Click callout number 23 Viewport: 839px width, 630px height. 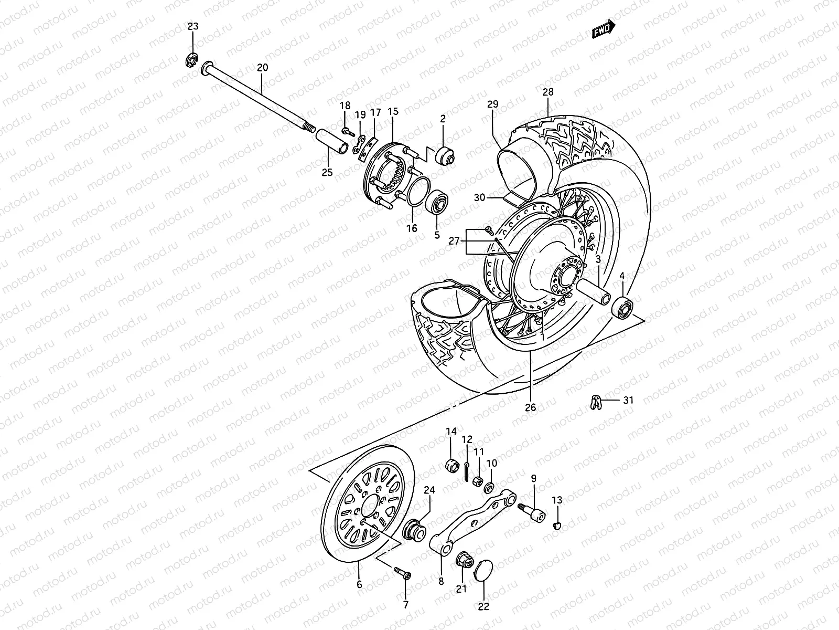click(x=193, y=26)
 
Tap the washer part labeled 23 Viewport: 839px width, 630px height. click(x=192, y=60)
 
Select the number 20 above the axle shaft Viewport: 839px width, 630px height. click(x=262, y=67)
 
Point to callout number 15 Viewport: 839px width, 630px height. click(x=393, y=111)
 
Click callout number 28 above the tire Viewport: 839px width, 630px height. click(x=547, y=92)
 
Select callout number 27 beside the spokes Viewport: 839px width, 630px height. click(x=454, y=241)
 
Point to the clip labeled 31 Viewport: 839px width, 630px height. click(x=594, y=402)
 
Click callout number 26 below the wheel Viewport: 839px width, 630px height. click(x=530, y=407)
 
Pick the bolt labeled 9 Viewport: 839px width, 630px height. click(x=532, y=511)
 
